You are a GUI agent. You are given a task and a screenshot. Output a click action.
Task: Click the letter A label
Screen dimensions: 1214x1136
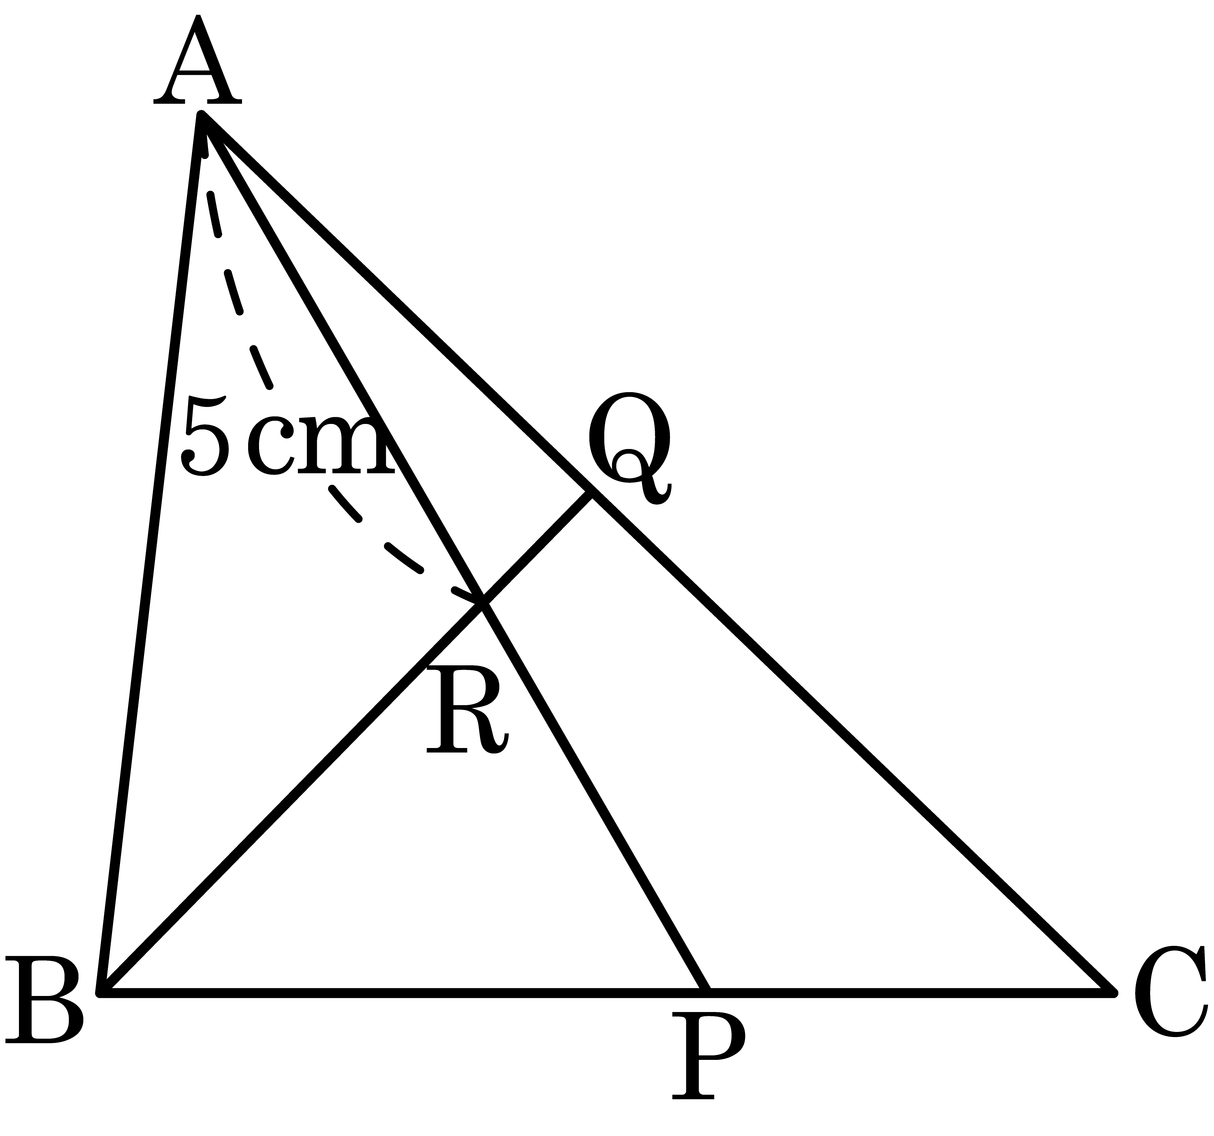click(197, 59)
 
